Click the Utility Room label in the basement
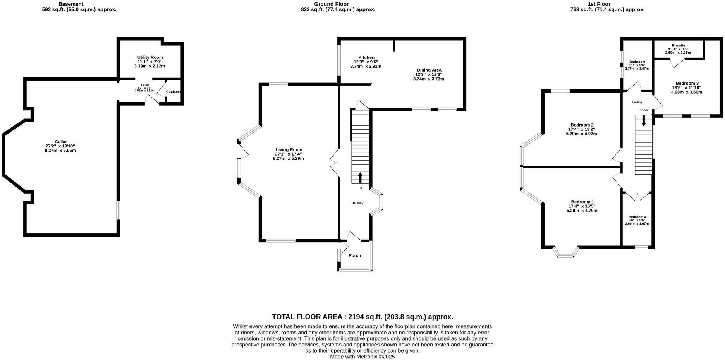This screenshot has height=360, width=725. [x=150, y=57]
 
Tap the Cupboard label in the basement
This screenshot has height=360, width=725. [x=174, y=92]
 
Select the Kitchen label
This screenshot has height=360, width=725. [x=366, y=57]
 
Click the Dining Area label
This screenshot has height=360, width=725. [x=429, y=70]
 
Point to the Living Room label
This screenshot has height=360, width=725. [x=289, y=150]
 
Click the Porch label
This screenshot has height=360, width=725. [x=355, y=255]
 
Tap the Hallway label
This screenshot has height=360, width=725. [x=357, y=203]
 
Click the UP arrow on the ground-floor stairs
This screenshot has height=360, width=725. [x=360, y=178]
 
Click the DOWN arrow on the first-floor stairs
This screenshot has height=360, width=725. [x=644, y=121]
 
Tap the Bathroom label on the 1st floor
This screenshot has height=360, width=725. [x=637, y=62]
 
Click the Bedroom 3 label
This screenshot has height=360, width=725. [x=687, y=83]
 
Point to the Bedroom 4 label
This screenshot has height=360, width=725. [x=637, y=217]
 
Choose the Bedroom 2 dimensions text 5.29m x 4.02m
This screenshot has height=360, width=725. [x=581, y=134]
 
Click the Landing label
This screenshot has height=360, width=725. [x=637, y=103]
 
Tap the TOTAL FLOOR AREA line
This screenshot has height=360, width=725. [x=362, y=317]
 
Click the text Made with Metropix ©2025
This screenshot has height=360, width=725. [x=362, y=357]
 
